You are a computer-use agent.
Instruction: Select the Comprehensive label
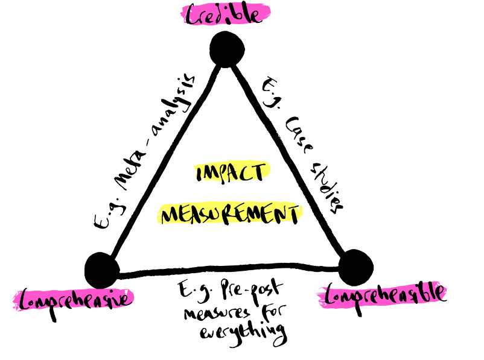72,298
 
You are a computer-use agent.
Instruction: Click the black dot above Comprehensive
101,270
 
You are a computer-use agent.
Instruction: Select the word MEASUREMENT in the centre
231,214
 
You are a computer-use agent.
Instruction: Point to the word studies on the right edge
328,187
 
